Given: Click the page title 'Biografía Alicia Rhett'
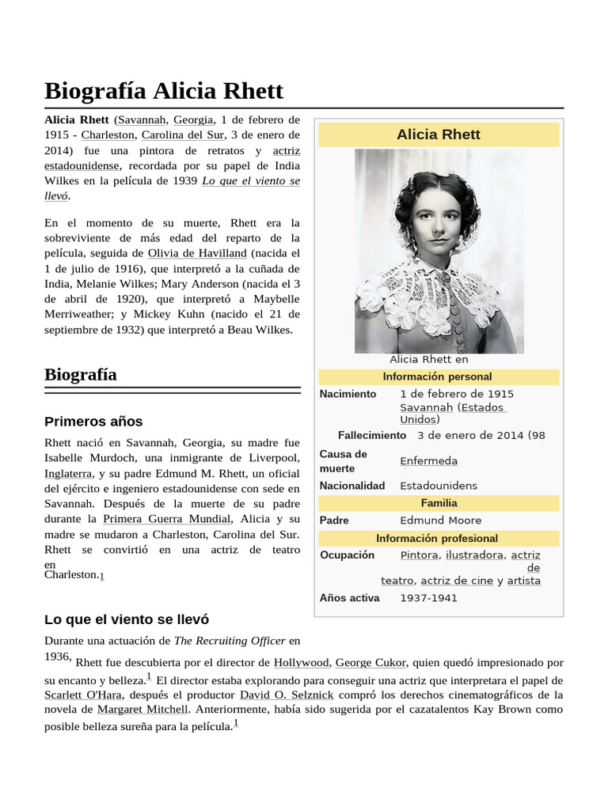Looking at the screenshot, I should (164, 90).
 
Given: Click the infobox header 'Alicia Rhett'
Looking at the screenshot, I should (438, 134).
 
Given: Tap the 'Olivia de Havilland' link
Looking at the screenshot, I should (197, 253).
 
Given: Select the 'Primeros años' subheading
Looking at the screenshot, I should (93, 421).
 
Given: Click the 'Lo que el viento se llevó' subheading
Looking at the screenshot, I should (127, 619).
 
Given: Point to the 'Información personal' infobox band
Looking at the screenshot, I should (437, 377).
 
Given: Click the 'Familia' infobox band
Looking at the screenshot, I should (439, 503).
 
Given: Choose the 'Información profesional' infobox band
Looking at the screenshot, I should (437, 538).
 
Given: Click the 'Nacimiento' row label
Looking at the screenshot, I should (348, 394).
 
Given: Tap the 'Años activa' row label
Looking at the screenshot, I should (349, 597).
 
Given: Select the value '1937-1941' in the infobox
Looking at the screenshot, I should (428, 598).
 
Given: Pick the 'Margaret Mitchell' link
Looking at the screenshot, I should (142, 709).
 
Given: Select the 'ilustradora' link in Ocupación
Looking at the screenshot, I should (473, 555).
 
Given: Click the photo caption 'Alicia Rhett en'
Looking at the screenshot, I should (429, 359).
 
